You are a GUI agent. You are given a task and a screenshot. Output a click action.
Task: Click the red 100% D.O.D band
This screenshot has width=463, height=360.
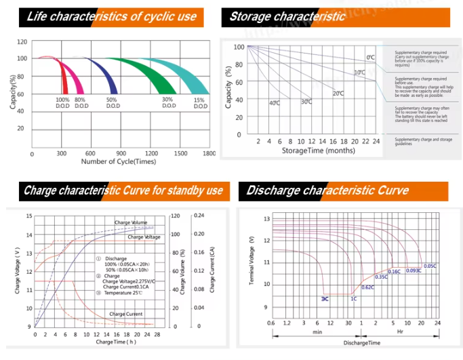point(64,78)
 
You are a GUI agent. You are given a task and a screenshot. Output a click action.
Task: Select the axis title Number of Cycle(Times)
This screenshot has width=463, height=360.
point(119,161)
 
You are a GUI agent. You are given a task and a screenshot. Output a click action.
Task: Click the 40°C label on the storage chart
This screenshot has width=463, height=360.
point(274,103)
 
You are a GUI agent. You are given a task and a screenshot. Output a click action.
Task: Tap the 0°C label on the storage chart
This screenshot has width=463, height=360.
point(370,58)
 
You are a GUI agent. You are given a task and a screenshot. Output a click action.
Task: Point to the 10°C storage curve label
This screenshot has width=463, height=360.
point(359,72)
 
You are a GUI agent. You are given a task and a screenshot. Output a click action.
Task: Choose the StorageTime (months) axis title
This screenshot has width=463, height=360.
point(318,151)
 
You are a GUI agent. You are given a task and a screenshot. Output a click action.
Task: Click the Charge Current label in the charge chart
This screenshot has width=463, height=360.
point(125,314)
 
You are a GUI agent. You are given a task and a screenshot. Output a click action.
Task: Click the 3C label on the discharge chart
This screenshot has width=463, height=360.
point(325,298)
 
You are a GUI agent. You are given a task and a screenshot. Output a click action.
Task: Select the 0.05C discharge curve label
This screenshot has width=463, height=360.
point(430,266)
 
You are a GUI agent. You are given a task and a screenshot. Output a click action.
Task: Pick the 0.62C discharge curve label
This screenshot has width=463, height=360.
point(368,287)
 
